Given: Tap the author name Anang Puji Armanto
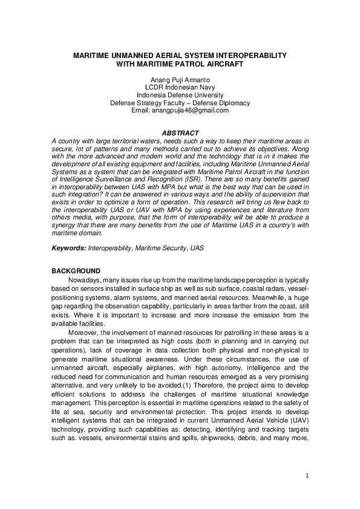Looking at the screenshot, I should click(x=180, y=80).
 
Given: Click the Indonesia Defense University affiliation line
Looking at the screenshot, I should click(x=180, y=96).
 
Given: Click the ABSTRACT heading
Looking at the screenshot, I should click(x=180, y=132).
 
